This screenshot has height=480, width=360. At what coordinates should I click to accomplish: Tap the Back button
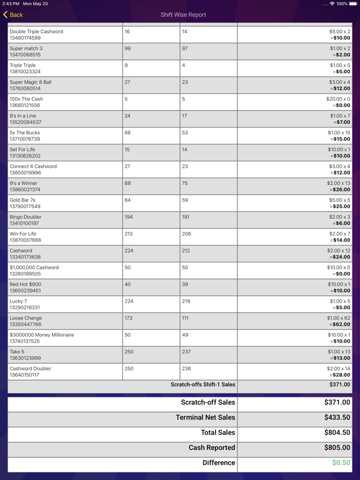[13, 15]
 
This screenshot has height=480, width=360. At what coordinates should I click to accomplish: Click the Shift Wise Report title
[183, 15]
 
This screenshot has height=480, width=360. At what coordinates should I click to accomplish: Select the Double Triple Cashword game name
[36, 31]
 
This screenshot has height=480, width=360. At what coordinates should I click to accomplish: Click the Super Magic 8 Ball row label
[31, 82]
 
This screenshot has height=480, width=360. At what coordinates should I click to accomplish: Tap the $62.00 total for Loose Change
[341, 325]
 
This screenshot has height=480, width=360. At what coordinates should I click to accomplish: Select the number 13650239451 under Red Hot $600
[25, 291]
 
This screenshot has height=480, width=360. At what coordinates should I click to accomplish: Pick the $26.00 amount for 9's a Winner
[341, 190]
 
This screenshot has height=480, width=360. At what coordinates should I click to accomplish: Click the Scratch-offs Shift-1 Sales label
[202, 385]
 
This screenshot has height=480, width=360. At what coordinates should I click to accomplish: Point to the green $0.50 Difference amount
[341, 463]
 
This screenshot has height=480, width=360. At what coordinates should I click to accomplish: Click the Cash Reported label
[212, 448]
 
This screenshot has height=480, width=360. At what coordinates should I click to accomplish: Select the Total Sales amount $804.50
[337, 432]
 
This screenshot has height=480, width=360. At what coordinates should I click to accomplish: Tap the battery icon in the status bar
[354, 4]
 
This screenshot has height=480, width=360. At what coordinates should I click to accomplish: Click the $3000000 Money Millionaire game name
[42, 335]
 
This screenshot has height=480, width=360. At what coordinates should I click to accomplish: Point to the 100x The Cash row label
[26, 99]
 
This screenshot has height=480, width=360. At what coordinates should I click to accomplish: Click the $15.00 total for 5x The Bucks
[341, 139]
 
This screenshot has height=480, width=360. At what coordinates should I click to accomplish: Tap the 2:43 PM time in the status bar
[11, 4]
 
